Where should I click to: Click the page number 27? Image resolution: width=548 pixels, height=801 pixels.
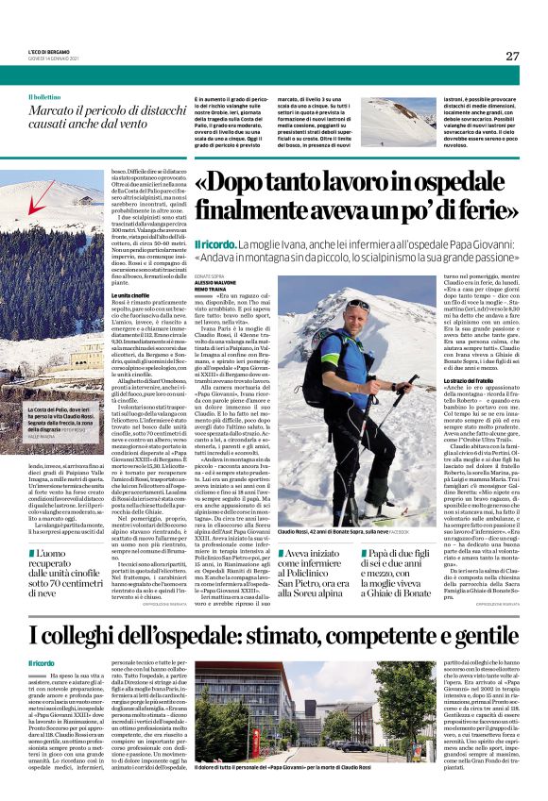[512, 56]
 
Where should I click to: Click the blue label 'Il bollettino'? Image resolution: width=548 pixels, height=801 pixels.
[44, 97]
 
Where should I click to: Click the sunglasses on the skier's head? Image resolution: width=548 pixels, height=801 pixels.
[357, 304]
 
